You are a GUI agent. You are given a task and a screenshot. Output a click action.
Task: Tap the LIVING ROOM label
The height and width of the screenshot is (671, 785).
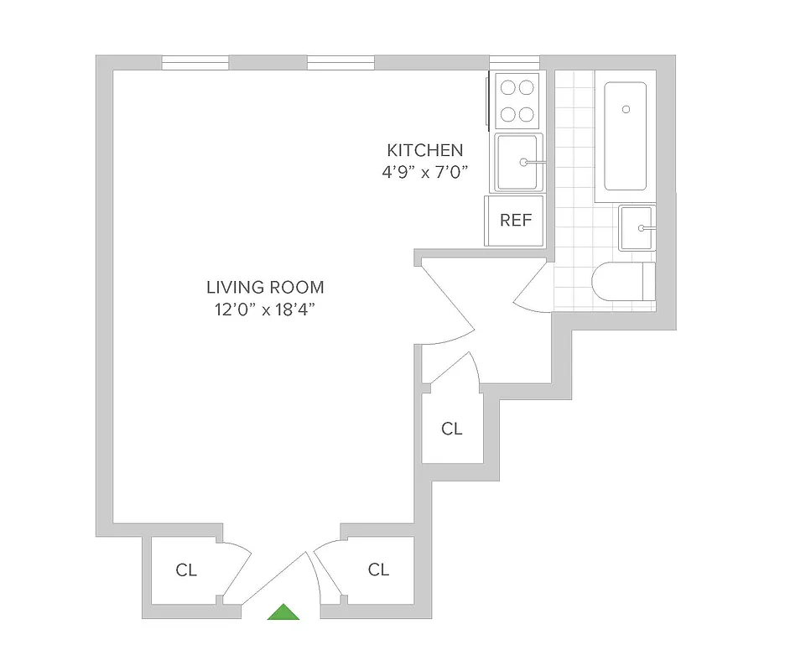265,287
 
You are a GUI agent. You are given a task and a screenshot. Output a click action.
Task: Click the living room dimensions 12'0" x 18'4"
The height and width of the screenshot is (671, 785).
265,309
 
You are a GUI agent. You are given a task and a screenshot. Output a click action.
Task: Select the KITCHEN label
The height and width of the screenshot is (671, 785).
424,150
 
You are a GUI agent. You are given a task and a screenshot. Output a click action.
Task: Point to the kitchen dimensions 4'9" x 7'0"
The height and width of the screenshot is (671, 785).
424,173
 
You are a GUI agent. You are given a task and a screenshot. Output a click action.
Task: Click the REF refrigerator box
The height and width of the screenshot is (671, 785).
516,221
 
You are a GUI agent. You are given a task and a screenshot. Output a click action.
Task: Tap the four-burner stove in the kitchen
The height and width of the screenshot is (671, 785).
516,100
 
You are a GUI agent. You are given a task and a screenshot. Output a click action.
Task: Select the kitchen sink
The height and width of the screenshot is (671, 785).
518,162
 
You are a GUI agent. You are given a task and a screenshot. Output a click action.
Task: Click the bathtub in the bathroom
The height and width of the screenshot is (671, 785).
626,136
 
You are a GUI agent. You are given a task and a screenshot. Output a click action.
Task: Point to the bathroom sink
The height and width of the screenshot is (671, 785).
637,228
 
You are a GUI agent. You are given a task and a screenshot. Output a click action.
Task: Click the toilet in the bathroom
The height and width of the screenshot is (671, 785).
622,282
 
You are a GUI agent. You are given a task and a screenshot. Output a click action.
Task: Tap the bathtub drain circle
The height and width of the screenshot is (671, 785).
626,108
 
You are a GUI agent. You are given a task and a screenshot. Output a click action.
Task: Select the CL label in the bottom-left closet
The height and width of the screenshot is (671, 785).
186,570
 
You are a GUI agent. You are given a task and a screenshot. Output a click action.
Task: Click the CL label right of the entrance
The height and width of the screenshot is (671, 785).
378,570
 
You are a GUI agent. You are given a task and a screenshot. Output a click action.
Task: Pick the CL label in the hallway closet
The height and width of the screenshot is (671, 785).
451,429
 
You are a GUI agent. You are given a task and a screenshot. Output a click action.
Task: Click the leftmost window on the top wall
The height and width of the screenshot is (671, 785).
195,63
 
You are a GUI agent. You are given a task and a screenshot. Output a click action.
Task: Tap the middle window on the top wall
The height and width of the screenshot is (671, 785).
340,63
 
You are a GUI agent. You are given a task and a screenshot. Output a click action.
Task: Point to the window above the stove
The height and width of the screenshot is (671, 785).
514,61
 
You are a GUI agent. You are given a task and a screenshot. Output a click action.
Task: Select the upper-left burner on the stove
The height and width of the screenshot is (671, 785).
507,86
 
